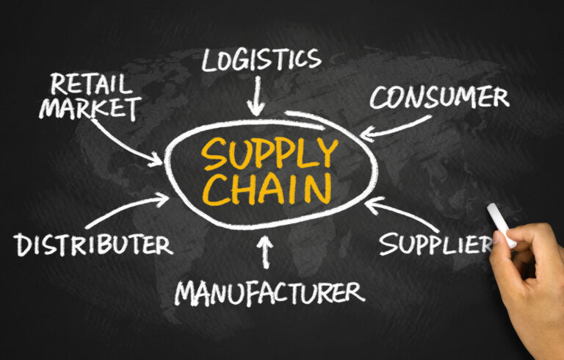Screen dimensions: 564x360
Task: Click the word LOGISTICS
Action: [261, 60]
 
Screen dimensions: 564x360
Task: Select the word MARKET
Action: [90, 108]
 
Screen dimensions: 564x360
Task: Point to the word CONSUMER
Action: [440, 97]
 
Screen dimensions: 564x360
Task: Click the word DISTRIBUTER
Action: [93, 245]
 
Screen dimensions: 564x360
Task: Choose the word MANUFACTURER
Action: [270, 293]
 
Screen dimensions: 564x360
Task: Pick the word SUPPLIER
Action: [436, 245]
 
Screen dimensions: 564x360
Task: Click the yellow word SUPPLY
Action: [270, 154]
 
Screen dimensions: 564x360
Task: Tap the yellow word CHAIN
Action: [267, 190]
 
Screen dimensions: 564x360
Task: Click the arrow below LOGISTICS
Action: [256, 96]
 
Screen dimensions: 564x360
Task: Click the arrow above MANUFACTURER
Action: [265, 252]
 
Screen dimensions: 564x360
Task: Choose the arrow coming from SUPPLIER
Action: [401, 213]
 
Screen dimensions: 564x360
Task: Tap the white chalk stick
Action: [502, 226]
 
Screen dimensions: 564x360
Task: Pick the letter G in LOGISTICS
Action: [241, 60]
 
